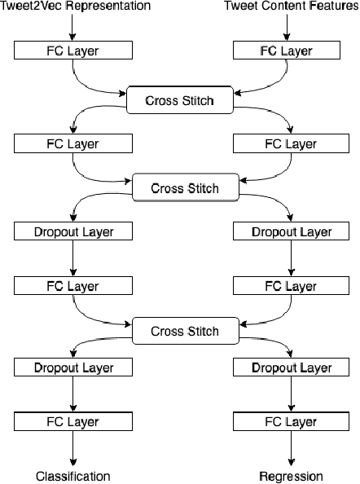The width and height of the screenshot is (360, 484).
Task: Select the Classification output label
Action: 72,476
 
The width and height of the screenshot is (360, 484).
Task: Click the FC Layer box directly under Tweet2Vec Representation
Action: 73,51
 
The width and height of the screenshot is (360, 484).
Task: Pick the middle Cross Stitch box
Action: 187,188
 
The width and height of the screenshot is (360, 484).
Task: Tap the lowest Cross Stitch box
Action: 187,332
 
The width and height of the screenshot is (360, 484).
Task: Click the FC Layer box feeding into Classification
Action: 73,422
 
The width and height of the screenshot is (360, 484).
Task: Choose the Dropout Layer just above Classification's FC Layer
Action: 73,368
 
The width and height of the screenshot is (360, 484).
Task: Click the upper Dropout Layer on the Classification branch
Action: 73,232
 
